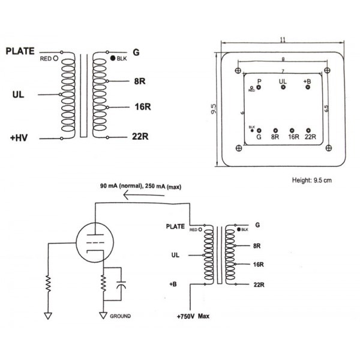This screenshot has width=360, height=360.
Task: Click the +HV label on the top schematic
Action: [19, 138]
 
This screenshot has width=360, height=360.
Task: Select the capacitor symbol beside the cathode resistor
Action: [121, 284]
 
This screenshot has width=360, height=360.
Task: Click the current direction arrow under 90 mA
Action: [144, 196]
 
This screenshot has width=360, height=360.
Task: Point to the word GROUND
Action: [121, 316]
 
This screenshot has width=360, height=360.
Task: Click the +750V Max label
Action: [193, 316]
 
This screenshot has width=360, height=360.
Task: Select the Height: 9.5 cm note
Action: [312, 180]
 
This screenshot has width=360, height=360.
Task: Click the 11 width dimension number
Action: [283, 40]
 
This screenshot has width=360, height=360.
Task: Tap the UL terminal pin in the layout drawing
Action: [283, 87]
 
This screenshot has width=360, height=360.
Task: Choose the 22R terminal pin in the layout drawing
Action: [308, 131]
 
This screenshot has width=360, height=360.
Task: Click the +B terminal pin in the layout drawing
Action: [308, 87]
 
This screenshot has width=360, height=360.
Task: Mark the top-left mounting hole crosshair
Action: [238, 70]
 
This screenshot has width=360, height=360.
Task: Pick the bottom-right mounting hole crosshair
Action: [329, 148]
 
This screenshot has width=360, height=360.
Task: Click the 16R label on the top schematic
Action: [143, 107]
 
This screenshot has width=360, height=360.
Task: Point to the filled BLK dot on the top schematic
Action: [113, 58]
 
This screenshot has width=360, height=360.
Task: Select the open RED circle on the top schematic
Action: [56, 58]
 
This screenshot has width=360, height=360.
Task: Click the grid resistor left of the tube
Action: [48, 284]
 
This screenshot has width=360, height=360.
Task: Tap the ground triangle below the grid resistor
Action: [48, 316]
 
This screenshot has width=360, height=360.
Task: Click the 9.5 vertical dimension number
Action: [214, 109]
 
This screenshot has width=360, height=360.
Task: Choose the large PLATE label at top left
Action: [20, 51]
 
